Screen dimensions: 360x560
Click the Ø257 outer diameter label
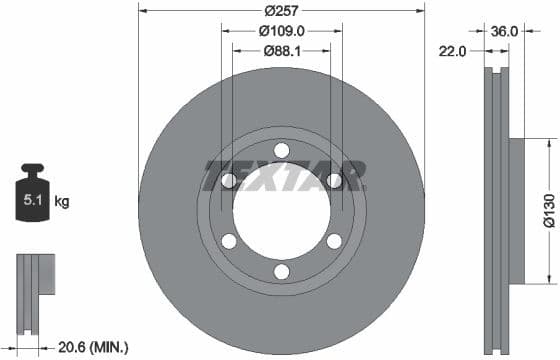tap(281, 12)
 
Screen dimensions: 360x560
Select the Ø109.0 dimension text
tap(281, 31)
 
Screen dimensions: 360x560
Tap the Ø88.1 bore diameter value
tap(281, 50)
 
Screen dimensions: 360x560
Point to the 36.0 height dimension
tap(505, 31)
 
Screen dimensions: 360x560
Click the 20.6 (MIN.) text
tap(93, 347)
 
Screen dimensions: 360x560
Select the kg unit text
tap(62, 202)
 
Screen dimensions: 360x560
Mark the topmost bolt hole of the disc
tap(281, 150)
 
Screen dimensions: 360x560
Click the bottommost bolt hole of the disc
tap(281, 272)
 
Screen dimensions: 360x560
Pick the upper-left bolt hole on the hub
tap(229, 180)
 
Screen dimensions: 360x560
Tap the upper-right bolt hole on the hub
tap(334, 180)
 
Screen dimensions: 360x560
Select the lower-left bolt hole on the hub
tap(229, 241)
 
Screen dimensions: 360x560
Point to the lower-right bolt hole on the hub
tap(334, 241)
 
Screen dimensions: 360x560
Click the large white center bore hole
tap(281, 212)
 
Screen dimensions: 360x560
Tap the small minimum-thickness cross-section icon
tap(33, 284)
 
